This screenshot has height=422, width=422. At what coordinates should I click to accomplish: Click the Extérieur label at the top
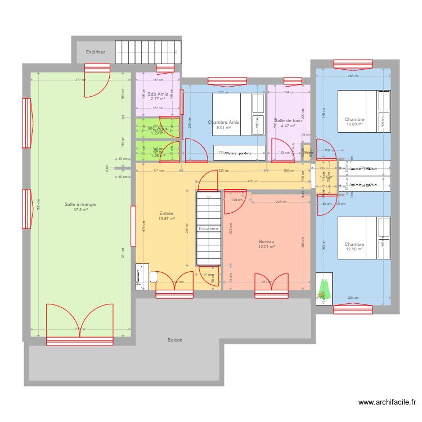pyautogui.click(x=95, y=52)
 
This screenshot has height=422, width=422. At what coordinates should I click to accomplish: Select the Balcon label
pyautogui.click(x=174, y=340)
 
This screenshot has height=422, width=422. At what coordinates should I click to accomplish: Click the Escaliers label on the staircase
pyautogui.click(x=208, y=229)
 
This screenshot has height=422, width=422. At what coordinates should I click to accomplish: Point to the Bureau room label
pyautogui.click(x=266, y=240)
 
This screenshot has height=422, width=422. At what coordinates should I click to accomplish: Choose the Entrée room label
pyautogui.click(x=166, y=214)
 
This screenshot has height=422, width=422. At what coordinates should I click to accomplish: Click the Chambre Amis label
pyautogui.click(x=223, y=122)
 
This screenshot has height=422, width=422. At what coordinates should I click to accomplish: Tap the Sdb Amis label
pyautogui.click(x=158, y=94)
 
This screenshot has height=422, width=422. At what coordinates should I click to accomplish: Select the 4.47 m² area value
pyautogui.click(x=288, y=126)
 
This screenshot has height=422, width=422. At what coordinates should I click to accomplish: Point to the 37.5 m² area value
pyautogui.click(x=80, y=210)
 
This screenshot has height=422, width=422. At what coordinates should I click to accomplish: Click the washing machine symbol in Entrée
pyautogui.click(x=140, y=276)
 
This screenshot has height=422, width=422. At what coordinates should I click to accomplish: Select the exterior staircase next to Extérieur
pyautogui.click(x=148, y=52)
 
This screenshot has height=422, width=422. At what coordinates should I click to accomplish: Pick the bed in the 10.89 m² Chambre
pyautogui.click(x=363, y=111)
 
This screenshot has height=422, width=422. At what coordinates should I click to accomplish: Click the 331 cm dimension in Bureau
pyautogui.click(x=267, y=282)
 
